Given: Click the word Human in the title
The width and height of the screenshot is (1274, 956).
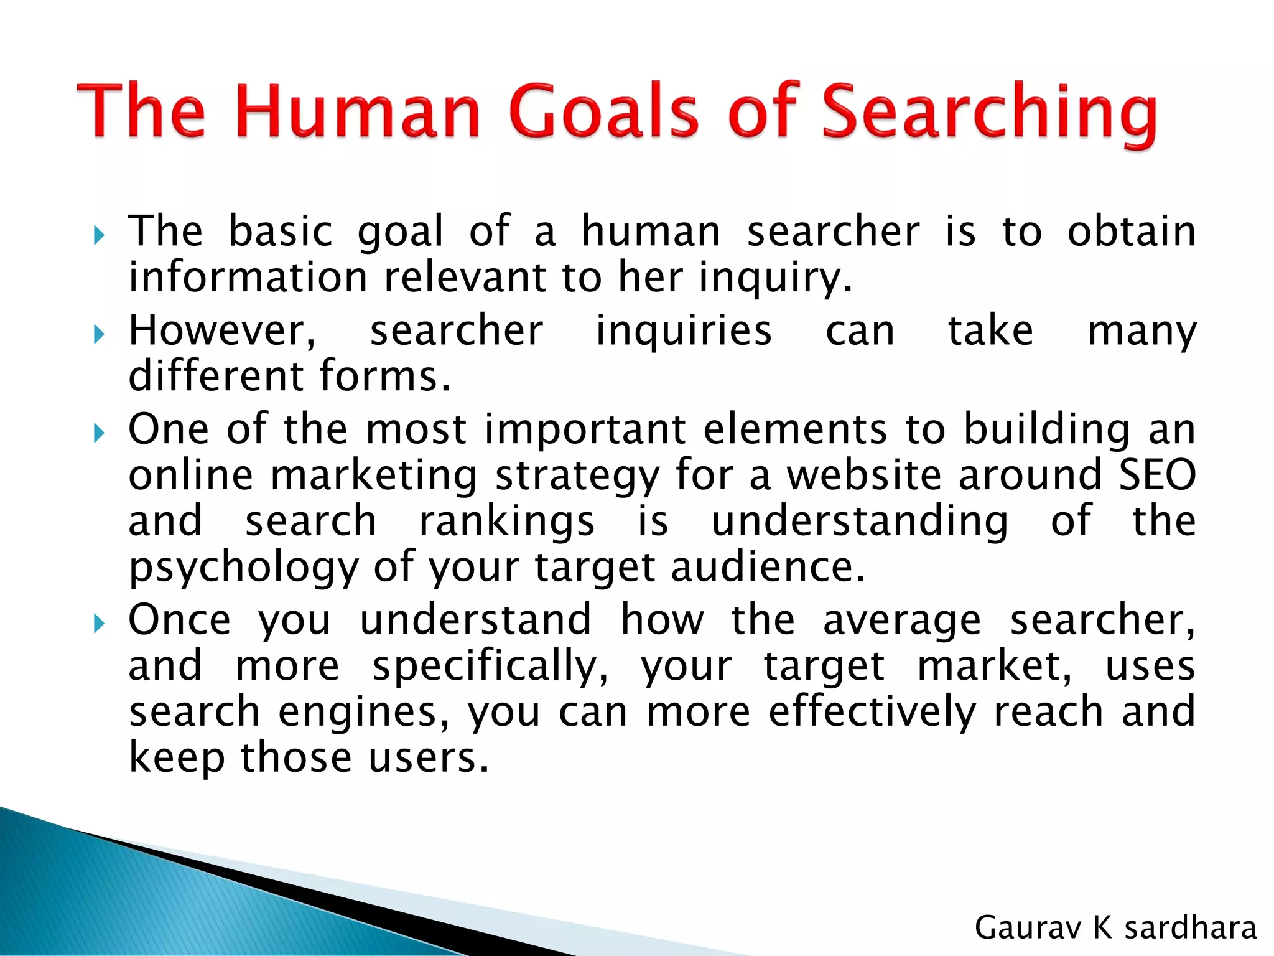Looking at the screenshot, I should coord(358,112).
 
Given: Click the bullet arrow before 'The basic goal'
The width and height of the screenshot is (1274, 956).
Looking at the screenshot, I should coord(98,235).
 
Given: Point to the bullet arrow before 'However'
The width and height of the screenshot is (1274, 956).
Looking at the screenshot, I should coord(98,334).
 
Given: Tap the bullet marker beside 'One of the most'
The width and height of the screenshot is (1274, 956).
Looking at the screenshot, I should coord(98,433).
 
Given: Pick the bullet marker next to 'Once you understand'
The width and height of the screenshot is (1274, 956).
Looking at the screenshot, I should coord(98,623).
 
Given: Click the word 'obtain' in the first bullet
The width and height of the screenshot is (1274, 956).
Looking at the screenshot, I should coord(1132,232).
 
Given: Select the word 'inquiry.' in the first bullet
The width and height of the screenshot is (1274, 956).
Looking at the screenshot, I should coord(775,278).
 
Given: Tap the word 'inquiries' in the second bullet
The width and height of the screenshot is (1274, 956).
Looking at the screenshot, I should coord(684,330).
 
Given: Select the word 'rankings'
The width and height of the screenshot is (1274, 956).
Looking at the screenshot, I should coord(506,522).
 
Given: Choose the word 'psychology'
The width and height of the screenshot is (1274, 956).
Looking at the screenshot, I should coord(243,569).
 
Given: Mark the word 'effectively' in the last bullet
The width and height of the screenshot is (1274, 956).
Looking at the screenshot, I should coord(872,712).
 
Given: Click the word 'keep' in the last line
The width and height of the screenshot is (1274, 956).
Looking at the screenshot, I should coord(176,759).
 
